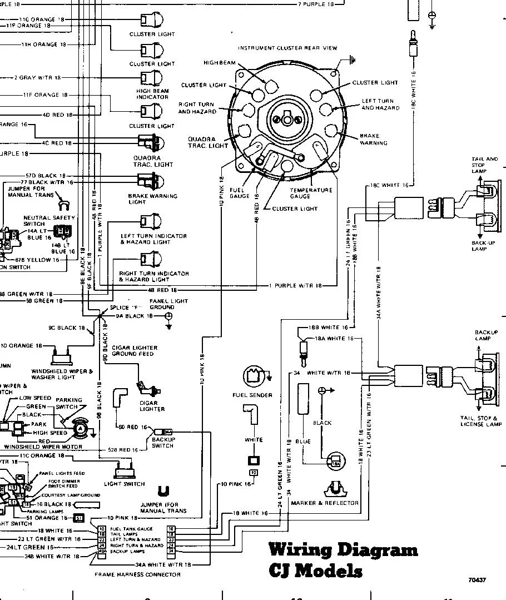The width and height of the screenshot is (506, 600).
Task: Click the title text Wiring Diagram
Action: click(x=343, y=550)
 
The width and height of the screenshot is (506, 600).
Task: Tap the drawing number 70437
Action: click(x=477, y=580)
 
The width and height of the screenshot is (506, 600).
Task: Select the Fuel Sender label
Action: click(x=252, y=395)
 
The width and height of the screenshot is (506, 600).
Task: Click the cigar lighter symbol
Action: click(x=146, y=386)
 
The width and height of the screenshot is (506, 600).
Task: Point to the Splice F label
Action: click(x=123, y=308)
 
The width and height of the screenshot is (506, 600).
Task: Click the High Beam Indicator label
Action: click(x=152, y=94)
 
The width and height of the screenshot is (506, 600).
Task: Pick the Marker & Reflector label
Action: click(x=325, y=503)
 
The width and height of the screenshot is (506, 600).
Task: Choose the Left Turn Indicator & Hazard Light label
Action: click(x=153, y=239)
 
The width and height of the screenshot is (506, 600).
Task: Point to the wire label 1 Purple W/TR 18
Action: click(x=295, y=285)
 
